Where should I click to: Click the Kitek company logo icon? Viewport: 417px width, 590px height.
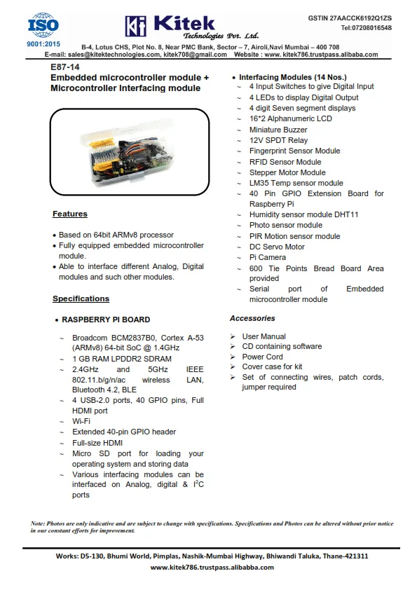click(x=135, y=25)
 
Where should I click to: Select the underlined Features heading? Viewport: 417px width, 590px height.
click(x=70, y=214)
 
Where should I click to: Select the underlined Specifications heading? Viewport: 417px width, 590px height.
click(x=81, y=299)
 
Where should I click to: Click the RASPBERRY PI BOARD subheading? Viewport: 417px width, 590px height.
click(x=106, y=320)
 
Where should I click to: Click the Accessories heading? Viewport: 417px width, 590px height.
click(x=252, y=318)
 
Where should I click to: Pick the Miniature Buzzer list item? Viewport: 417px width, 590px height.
click(x=278, y=130)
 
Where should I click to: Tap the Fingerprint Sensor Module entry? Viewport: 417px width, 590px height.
click(x=294, y=151)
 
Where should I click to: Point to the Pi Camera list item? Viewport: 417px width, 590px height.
click(x=267, y=257)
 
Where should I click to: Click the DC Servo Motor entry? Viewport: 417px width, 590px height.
click(x=277, y=247)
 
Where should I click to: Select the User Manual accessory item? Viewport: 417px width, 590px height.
click(x=264, y=336)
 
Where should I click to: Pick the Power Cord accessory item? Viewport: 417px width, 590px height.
click(x=262, y=357)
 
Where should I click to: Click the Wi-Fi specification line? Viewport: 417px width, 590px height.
click(x=81, y=421)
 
